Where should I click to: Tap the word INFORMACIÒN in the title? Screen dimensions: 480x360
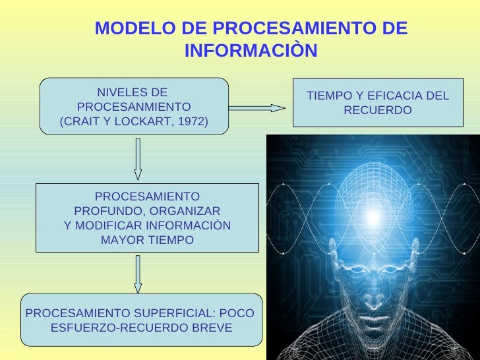pos(251,51)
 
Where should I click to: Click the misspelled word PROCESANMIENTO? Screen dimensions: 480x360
pos(134,107)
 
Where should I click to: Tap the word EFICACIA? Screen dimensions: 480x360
pos(389,96)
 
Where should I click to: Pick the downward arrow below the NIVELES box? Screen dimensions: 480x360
pos(138,158)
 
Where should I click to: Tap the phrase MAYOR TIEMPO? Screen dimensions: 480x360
pos(147,240)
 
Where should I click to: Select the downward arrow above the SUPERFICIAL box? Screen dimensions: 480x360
pos(138,274)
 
